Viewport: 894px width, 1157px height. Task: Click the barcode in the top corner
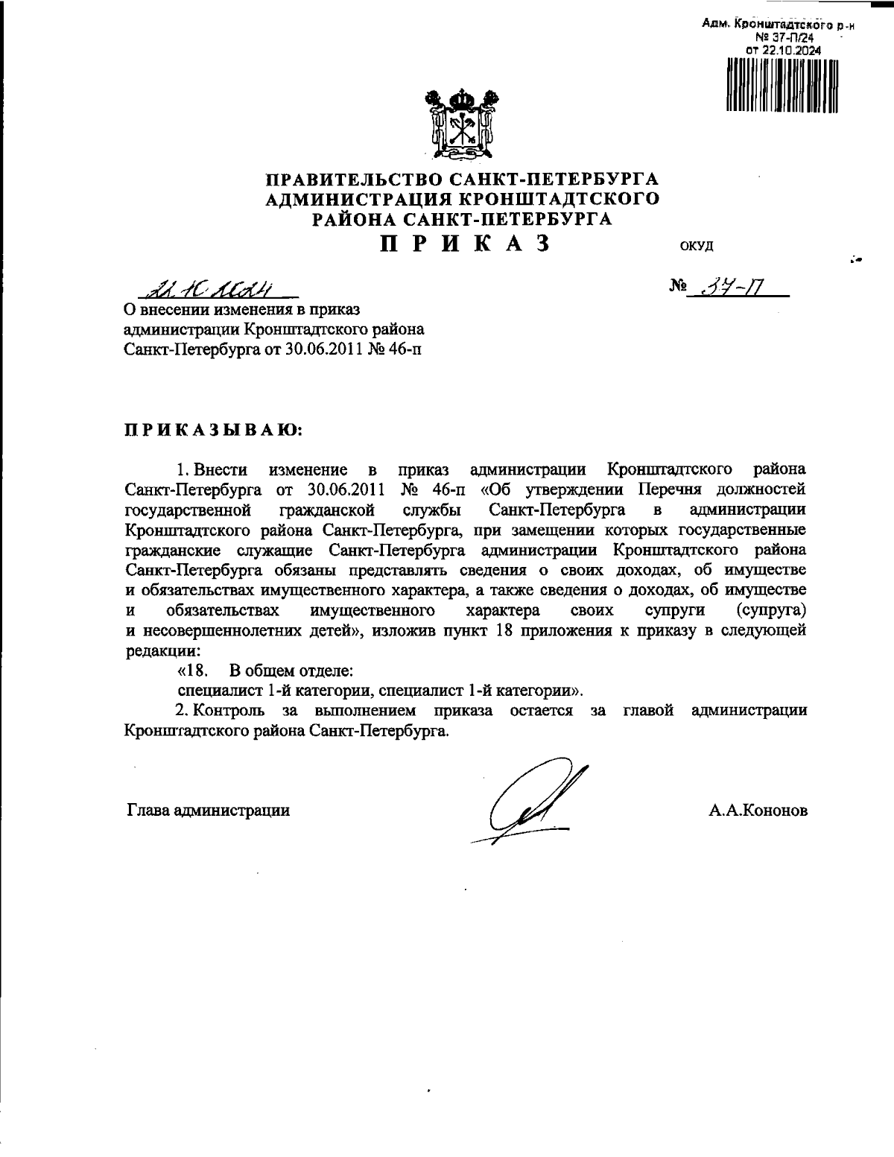coord(782,84)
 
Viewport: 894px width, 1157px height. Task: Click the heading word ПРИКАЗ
coord(466,244)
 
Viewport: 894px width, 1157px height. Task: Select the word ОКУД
coord(697,246)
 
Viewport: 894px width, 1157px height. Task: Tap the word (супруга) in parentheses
coord(770,611)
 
